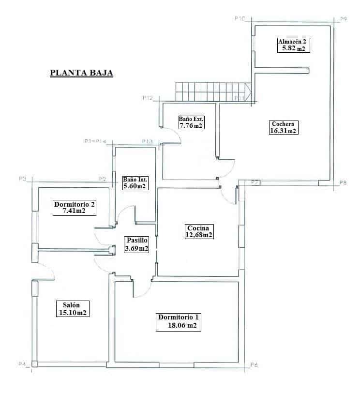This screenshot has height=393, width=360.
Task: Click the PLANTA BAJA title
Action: tap(81, 74)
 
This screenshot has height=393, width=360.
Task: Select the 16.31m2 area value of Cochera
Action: tap(284, 131)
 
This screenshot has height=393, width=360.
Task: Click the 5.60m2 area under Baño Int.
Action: tap(134, 186)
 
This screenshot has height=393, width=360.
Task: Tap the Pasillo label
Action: tap(136, 241)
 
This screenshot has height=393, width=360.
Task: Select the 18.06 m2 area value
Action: tap(178, 326)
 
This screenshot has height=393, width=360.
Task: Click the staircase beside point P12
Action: tap(213, 92)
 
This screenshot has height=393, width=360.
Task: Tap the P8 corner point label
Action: tap(343, 183)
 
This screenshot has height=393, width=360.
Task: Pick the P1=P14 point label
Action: tap(95, 141)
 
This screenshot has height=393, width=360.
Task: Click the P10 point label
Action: tap(240, 18)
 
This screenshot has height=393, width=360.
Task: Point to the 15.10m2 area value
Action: tap(74, 313)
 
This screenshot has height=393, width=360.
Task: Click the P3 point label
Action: tap(22, 179)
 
